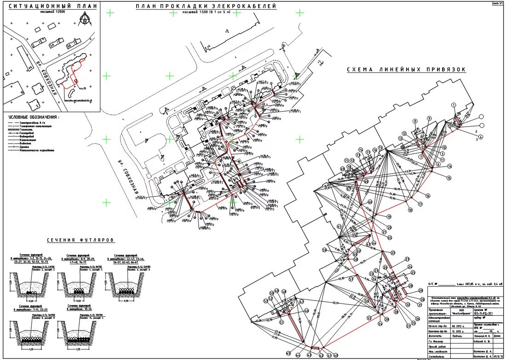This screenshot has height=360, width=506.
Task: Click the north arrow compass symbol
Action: pyautogui.click(x=85, y=19)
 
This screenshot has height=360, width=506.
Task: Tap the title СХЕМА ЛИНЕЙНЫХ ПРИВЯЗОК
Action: pyautogui.click(x=406, y=70)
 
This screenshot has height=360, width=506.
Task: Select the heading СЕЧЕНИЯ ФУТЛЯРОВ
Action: pyautogui.click(x=80, y=240)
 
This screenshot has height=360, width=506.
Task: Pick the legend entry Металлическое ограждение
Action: pyautogui.click(x=37, y=150)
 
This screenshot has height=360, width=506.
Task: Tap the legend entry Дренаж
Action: pyautogui.click(x=26, y=146)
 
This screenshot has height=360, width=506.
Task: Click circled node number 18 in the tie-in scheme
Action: pyautogui.click(x=410, y=209)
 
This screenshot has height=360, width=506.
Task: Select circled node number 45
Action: pyautogui.click(x=288, y=353)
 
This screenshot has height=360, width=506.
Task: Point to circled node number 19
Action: pyautogui.click(x=389, y=216)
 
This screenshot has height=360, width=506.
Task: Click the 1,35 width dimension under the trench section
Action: pyautogui.click(x=79, y=348)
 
